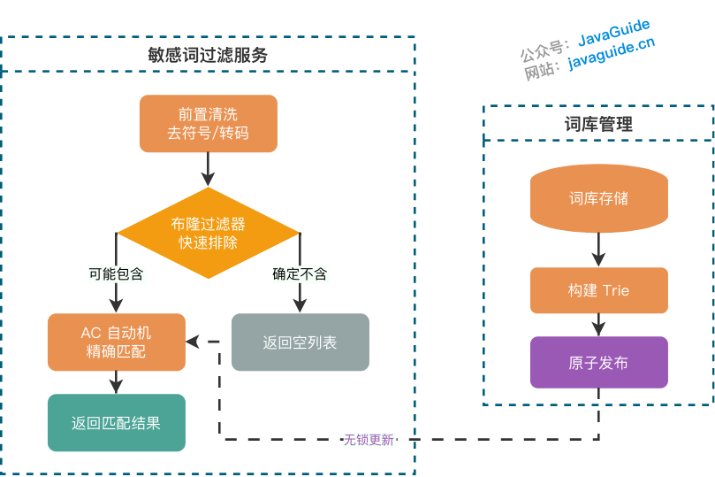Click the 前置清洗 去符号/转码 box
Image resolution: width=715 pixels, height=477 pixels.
tap(208, 124)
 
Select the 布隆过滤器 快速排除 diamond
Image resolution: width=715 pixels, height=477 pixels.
tap(208, 233)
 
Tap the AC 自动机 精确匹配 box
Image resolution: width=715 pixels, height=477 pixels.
tap(116, 342)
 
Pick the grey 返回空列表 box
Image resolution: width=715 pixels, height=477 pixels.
tap(300, 342)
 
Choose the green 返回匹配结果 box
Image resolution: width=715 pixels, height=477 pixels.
tap(116, 423)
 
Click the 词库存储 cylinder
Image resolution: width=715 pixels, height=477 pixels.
tap(598, 198)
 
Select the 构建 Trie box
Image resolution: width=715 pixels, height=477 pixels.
tap(598, 290)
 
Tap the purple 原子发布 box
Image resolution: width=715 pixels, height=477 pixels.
tap(598, 363)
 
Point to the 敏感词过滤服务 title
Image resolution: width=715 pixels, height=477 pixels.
tap(208, 55)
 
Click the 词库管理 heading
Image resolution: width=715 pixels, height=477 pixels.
tap(598, 124)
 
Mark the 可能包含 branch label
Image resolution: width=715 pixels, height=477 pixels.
tap(116, 273)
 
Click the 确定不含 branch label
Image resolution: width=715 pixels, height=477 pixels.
tap(300, 273)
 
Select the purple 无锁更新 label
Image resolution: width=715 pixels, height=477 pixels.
tap(369, 440)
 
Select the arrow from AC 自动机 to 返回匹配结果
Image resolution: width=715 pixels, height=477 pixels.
tap(116, 381)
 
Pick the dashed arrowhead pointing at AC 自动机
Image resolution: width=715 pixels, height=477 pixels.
tap(192, 342)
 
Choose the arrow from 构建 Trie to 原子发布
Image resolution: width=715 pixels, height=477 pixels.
tap(598, 325)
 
